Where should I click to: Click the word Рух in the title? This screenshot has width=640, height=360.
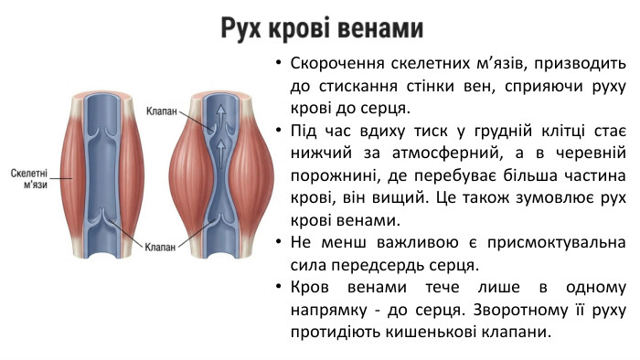243,28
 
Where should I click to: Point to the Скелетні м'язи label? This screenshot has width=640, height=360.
30,178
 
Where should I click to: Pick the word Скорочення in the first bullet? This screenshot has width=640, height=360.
333,66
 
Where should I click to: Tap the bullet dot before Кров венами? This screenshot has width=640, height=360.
278,287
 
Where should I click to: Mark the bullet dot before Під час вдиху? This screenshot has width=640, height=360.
278,130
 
